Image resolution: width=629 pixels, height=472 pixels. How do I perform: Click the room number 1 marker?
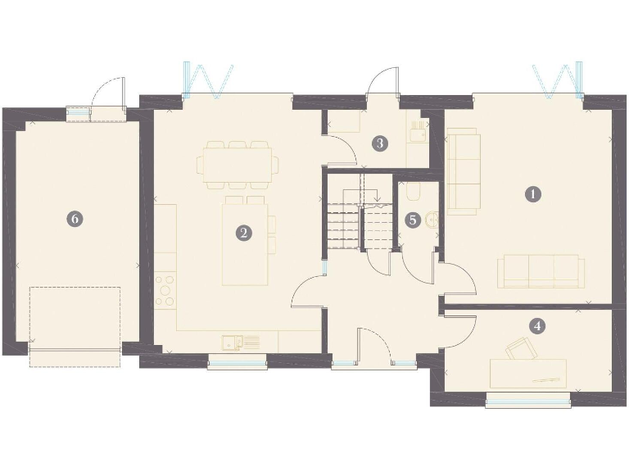tap(533, 194)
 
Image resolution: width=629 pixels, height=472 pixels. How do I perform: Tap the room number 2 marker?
tap(243, 233)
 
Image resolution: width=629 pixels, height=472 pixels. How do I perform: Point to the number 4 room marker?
tap(537, 325)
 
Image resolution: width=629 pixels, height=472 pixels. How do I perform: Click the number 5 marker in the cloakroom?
tap(414, 220)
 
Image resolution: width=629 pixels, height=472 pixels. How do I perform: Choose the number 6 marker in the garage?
tap(75, 219)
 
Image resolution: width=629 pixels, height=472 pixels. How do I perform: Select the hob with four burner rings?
tap(165, 289)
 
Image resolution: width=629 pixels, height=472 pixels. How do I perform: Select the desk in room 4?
tap(528, 373)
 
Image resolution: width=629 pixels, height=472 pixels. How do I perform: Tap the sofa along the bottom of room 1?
tap(540, 270)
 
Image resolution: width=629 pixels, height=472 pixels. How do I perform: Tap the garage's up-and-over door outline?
tap(75, 320)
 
